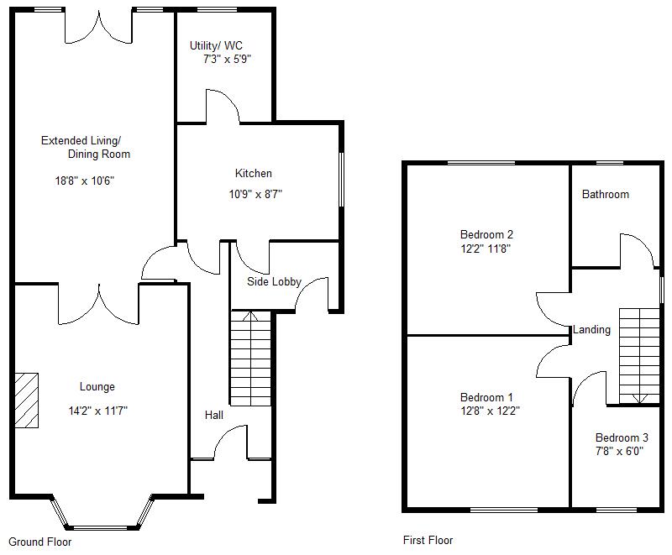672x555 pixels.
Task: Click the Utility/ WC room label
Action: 217,45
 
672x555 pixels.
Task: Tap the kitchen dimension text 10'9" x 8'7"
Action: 253,193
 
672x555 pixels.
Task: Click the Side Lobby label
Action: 274,281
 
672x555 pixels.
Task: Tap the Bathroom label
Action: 605,194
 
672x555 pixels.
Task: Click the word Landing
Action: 591,330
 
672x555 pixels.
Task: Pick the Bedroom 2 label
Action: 486,234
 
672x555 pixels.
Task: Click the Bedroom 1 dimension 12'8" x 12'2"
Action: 486,411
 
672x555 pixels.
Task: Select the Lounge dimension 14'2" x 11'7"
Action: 97,411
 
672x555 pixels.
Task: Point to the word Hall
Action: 213,415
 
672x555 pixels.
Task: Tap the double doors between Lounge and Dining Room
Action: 99,304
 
